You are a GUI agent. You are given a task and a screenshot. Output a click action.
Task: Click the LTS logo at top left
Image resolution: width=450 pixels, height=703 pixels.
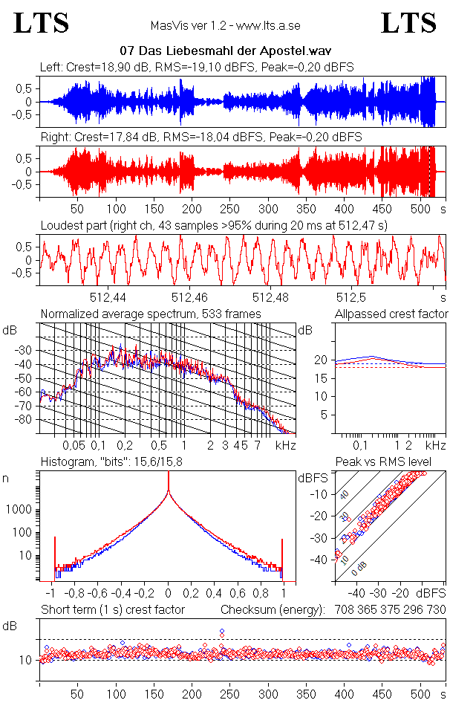click(x=42, y=23)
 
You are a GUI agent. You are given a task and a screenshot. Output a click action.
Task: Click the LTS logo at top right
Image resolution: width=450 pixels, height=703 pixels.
click(x=408, y=23)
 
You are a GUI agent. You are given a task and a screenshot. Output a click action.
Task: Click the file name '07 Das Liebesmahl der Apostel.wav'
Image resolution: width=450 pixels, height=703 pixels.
click(x=224, y=51)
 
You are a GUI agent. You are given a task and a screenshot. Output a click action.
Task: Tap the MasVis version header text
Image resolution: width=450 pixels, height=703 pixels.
click(x=225, y=26)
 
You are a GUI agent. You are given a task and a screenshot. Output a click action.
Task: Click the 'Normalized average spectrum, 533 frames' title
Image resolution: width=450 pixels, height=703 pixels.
click(x=151, y=314)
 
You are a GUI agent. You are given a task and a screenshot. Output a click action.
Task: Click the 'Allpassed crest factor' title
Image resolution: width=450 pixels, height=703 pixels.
click(x=391, y=314)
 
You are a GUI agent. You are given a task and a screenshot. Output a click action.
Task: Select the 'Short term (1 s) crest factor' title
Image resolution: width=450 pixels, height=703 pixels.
click(x=113, y=609)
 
